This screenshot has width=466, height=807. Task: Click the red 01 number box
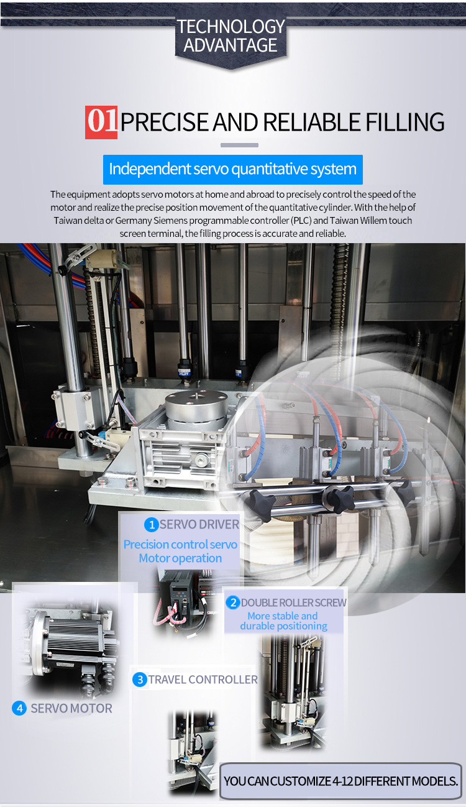pyautogui.click(x=101, y=122)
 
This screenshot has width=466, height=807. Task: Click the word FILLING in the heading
pyautogui.click(x=405, y=122)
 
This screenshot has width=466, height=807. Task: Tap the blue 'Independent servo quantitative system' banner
pyautogui.click(x=232, y=169)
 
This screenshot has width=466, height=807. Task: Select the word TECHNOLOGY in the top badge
pyautogui.click(x=231, y=27)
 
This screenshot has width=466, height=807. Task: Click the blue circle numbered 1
pyautogui.click(x=152, y=525)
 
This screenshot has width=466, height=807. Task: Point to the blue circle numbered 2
pyautogui.click(x=233, y=602)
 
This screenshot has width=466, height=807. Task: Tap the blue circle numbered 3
pyautogui.click(x=140, y=680)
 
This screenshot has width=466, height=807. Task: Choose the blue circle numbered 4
pyautogui.click(x=19, y=708)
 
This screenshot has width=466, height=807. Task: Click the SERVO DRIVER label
pyautogui.click(x=199, y=525)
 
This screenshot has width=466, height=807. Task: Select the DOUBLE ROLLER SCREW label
pyautogui.click(x=293, y=602)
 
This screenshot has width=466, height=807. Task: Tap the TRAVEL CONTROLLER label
pyautogui.click(x=203, y=680)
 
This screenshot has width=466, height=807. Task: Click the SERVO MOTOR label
pyautogui.click(x=71, y=708)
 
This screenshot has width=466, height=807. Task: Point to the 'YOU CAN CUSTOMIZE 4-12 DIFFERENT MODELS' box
pyautogui.click(x=340, y=781)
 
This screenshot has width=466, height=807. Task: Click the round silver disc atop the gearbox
pyautogui.click(x=196, y=402)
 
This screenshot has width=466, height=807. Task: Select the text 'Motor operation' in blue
pyautogui.click(x=180, y=558)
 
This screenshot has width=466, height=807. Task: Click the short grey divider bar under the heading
pyautogui.click(x=239, y=145)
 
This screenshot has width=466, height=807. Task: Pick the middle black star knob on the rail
pyautogui.click(x=338, y=497)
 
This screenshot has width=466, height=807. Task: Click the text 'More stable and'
pyautogui.click(x=283, y=616)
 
